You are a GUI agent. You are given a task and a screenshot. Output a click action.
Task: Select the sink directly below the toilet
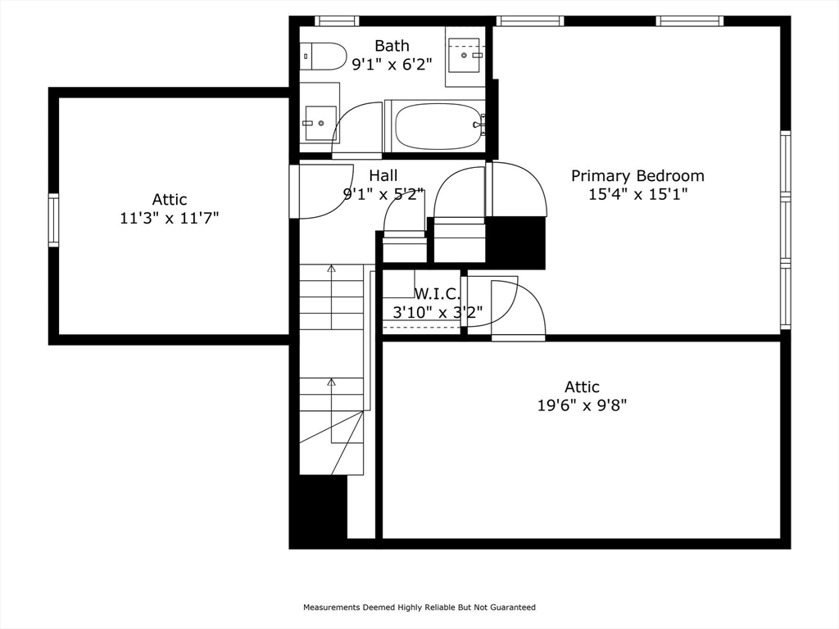[320, 123]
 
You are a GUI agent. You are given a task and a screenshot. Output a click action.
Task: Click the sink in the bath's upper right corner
[468, 56]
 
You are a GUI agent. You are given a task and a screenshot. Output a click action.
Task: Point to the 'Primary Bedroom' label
[637, 175]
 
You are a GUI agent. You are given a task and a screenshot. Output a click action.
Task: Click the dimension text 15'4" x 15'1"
[637, 194]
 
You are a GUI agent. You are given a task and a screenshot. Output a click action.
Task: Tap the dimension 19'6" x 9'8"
[582, 405]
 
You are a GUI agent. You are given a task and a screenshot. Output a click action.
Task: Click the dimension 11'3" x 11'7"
[170, 218]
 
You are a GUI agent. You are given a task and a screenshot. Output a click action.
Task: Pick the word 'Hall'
[383, 175]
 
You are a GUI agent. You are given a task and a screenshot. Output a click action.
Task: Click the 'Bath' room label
[392, 46]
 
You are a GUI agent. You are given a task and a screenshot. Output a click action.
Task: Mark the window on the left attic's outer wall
[53, 219]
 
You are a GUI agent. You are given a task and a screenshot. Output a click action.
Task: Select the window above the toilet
[336, 21]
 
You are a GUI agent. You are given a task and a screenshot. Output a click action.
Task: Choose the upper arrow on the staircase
[332, 269]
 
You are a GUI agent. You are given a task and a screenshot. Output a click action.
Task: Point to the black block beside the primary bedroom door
[516, 242]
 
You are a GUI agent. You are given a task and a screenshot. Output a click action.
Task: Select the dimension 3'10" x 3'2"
[437, 311]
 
